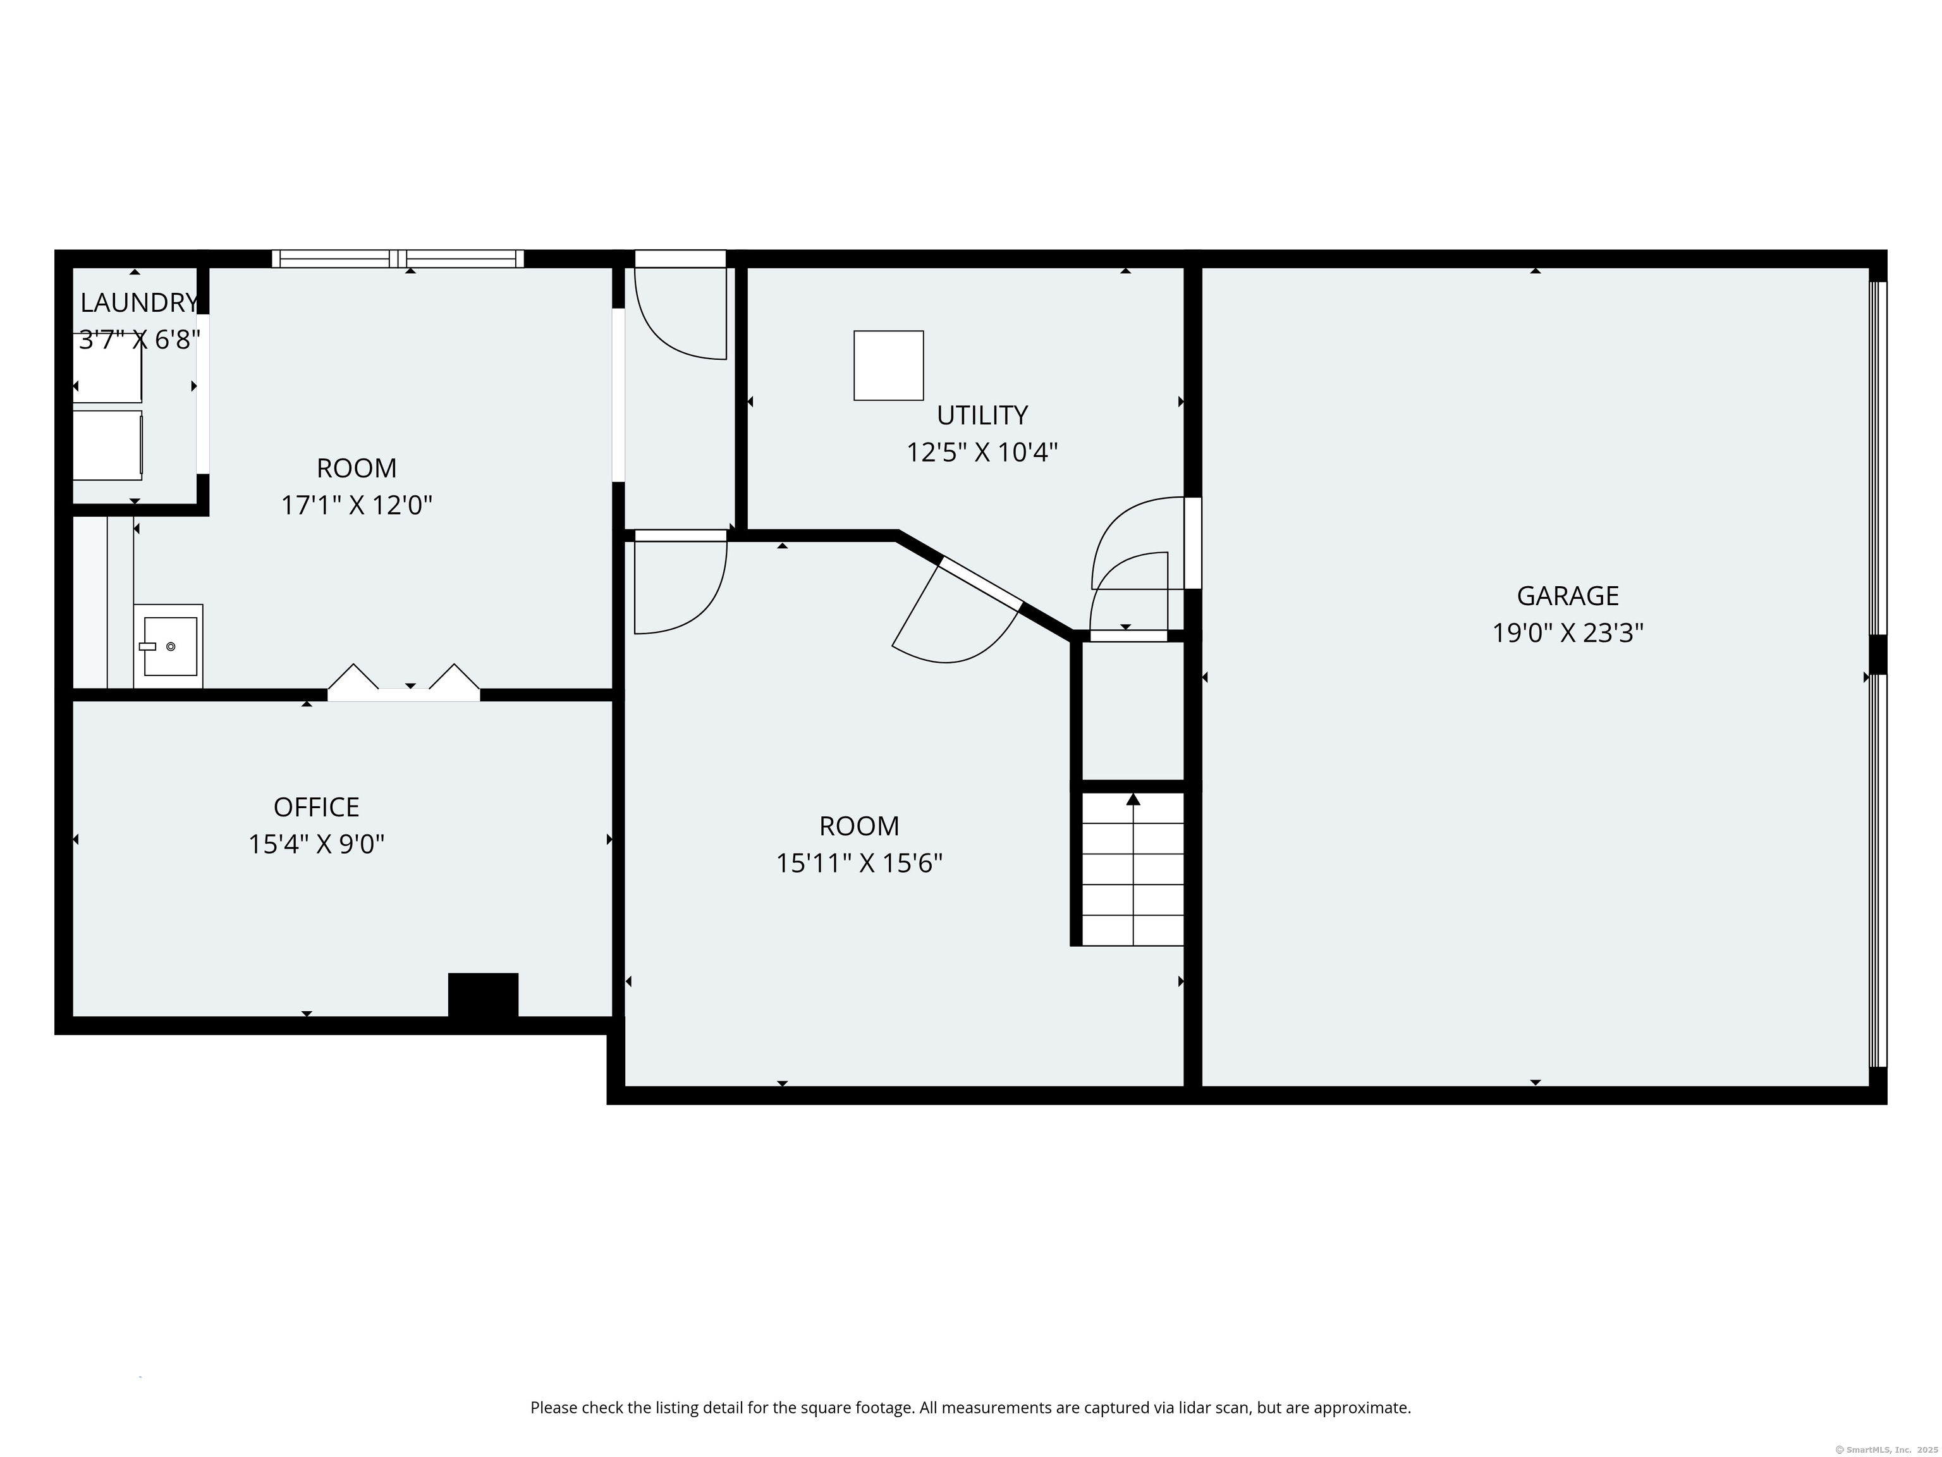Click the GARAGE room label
click(x=1567, y=596)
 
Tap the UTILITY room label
click(x=982, y=415)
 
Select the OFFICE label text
click(x=316, y=807)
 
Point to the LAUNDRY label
click(x=138, y=303)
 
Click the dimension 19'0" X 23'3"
click(x=1567, y=633)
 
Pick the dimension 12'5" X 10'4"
click(x=982, y=452)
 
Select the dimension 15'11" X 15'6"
click(x=858, y=863)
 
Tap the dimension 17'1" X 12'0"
click(x=357, y=506)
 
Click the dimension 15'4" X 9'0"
click(x=316, y=845)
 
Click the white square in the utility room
click(x=888, y=366)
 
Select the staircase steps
click(x=1133, y=870)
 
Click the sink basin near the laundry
click(x=170, y=646)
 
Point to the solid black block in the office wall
click(x=483, y=995)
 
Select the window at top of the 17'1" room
click(x=398, y=258)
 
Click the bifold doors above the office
click(x=404, y=683)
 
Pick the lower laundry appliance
click(x=107, y=445)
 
